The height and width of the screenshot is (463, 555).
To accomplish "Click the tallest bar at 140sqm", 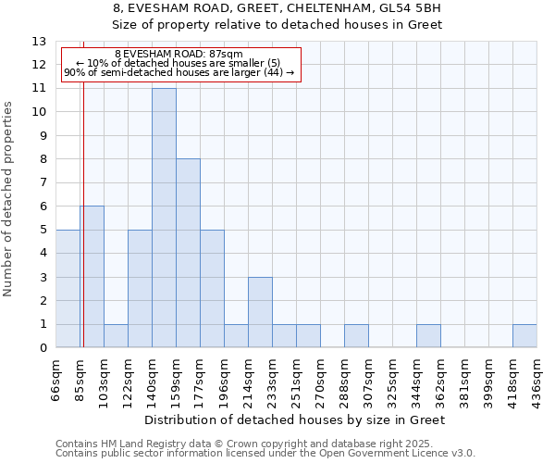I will (164, 218).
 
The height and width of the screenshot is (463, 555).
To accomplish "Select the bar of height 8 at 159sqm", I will (188, 253).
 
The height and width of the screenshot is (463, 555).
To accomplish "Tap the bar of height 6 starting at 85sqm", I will (92, 277).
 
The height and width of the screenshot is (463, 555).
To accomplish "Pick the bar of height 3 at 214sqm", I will (260, 312).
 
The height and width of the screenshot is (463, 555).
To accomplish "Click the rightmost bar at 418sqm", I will (524, 336).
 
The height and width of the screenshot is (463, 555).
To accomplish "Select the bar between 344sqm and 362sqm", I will (428, 336).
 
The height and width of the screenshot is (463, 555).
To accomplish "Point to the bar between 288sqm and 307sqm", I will (356, 336).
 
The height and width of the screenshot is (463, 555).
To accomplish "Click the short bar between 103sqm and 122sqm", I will (116, 336).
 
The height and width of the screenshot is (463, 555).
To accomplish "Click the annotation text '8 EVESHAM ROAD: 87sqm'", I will (179, 55).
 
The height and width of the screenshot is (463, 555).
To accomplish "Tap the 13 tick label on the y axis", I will (38, 42).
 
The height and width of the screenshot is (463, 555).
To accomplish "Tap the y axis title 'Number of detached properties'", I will (8, 199).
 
